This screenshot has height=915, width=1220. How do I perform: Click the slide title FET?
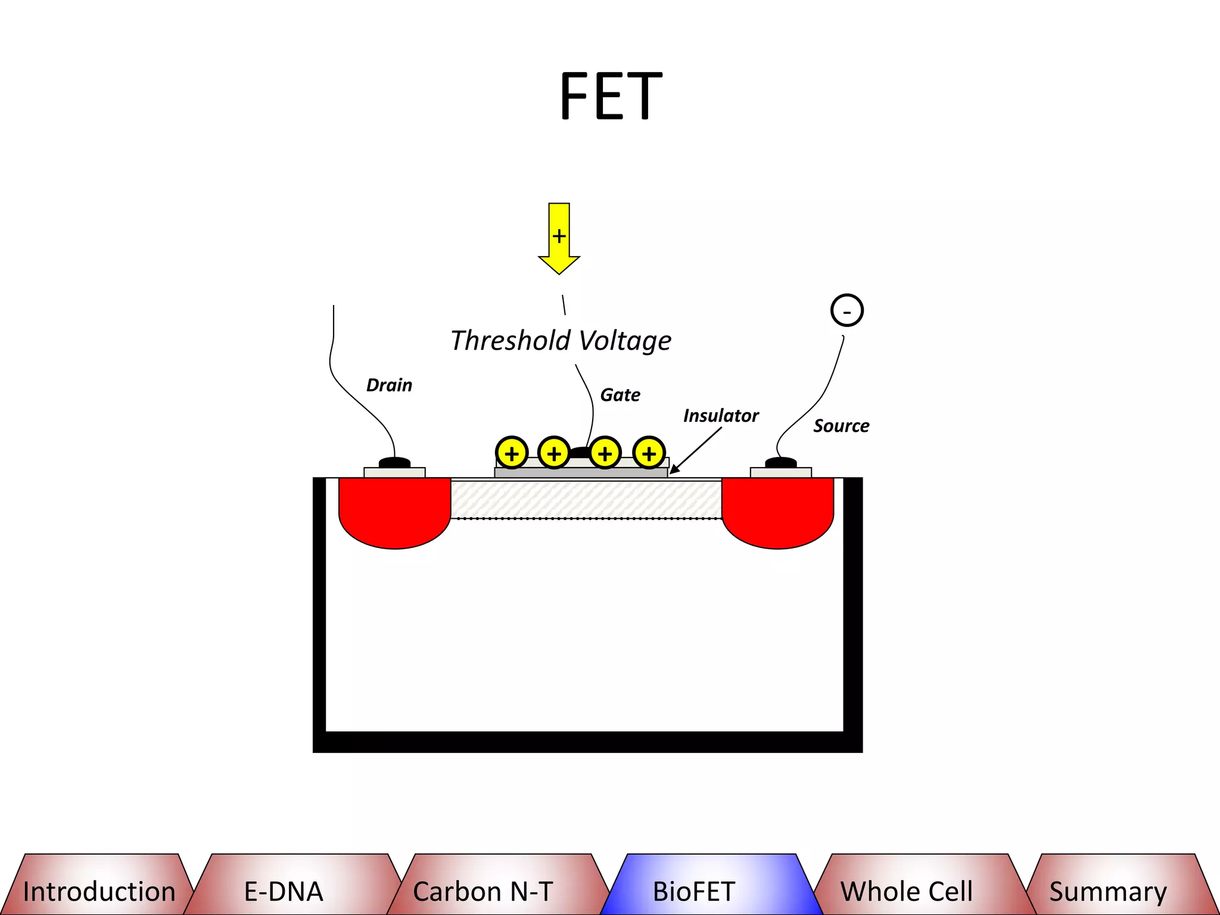tap(611, 97)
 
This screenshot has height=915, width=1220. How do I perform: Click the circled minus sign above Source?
tap(846, 310)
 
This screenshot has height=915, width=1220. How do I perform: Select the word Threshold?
tap(511, 341)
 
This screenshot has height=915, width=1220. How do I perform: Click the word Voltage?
tap(625, 341)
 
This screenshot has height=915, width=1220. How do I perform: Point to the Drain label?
tap(389, 385)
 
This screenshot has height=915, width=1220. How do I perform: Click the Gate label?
tap(620, 395)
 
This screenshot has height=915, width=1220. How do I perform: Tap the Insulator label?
tap(721, 416)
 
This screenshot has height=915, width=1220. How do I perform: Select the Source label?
tap(841, 426)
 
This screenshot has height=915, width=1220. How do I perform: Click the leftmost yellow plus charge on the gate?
tap(512, 453)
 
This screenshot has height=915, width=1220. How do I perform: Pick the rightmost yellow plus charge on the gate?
tap(649, 453)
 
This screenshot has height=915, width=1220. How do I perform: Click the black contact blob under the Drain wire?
tap(394, 462)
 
